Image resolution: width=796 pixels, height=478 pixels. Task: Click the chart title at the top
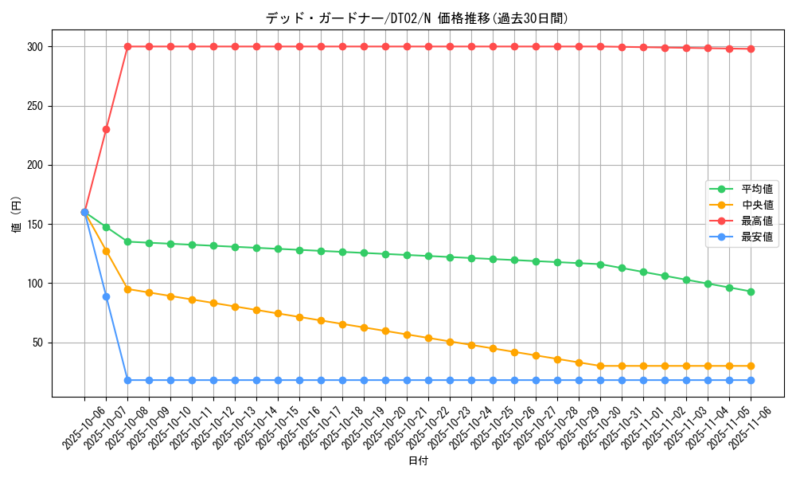[x=417, y=18]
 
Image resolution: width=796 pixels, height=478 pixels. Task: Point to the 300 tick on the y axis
[x=36, y=47]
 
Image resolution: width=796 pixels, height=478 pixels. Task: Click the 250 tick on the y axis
[x=36, y=106]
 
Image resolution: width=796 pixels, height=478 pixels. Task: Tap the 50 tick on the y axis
[x=39, y=343]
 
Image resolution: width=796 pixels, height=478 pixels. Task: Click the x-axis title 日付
[x=417, y=461]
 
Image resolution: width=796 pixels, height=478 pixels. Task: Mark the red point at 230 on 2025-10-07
[x=106, y=129]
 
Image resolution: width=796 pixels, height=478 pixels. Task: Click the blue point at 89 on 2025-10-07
[x=106, y=296]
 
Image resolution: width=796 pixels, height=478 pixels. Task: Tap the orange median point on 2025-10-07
[x=106, y=251]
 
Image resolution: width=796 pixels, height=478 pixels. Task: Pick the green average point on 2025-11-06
[x=751, y=292]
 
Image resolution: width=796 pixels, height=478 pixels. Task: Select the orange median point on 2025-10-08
[x=127, y=289]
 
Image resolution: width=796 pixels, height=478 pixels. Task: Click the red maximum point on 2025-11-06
[x=751, y=49]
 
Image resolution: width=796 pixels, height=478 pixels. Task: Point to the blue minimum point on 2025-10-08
[x=127, y=380]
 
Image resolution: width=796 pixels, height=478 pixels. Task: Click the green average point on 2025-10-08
[x=127, y=241]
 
